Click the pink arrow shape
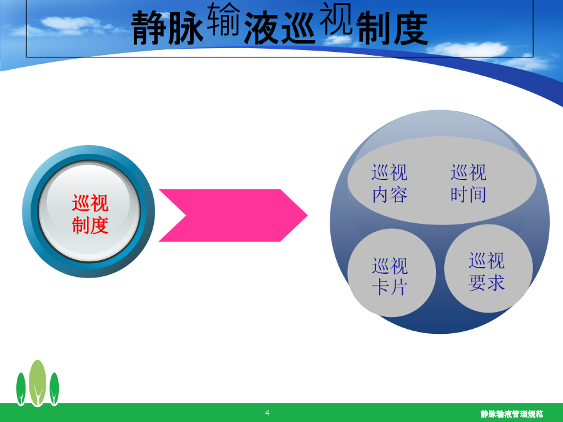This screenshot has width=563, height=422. click(233, 215)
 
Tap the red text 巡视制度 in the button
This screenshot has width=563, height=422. click(90, 214)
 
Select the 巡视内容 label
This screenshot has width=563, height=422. click(390, 183)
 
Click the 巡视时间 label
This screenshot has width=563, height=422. click(469, 183)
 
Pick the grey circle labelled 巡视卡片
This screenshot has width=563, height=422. click(392, 273)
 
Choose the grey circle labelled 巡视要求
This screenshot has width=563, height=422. click(489, 268)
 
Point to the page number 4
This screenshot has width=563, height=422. click(267, 413)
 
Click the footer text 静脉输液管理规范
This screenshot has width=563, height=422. click(512, 414)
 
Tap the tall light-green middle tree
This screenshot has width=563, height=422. click(38, 383)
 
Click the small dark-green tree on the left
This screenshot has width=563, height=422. click(21, 389)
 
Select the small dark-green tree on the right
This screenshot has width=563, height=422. click(54, 389)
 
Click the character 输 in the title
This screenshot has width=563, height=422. click(223, 19)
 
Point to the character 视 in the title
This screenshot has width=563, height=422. click(335, 19)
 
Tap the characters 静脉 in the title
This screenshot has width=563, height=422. click(168, 28)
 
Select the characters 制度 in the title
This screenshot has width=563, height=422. click(392, 28)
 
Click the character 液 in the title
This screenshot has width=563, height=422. click(261, 28)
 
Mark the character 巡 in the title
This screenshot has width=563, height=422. click(299, 28)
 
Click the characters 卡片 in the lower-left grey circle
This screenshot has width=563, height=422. click(390, 288)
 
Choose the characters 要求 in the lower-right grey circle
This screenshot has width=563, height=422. click(487, 283)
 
